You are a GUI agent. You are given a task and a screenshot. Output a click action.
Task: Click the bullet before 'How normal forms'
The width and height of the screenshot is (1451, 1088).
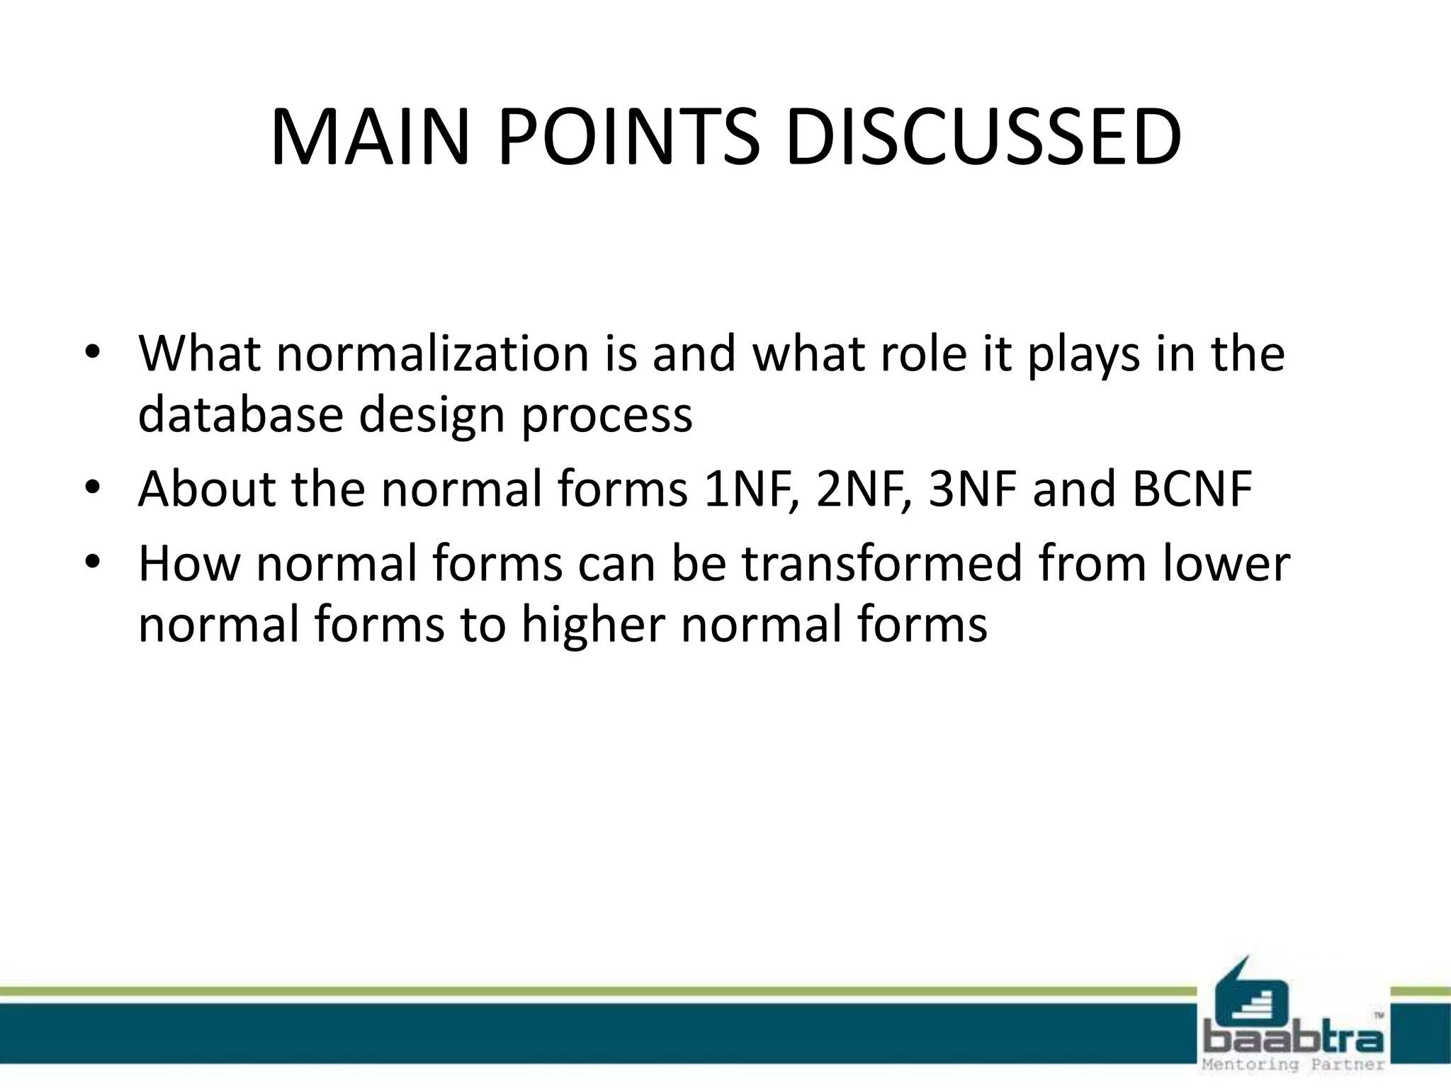(x=92, y=562)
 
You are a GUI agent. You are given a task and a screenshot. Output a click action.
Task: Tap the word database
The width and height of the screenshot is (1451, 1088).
(x=240, y=414)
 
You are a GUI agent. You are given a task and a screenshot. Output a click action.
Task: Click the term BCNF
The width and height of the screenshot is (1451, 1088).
(x=1192, y=489)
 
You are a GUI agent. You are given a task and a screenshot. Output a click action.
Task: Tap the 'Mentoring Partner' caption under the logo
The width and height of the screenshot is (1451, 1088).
(x=1293, y=1065)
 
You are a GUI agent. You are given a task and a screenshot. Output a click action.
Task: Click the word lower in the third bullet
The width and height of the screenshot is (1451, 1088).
(x=1226, y=564)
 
